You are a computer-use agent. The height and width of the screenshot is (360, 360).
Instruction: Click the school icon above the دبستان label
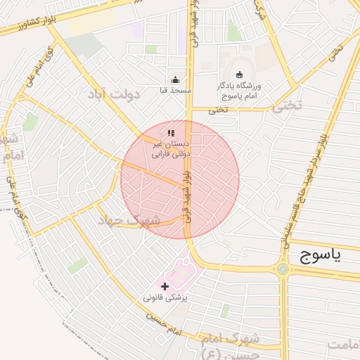[x=170, y=133]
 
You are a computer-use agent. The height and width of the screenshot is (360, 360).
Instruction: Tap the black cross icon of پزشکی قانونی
[x=165, y=286]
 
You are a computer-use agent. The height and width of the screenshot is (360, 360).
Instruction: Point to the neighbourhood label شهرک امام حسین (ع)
[x=230, y=345]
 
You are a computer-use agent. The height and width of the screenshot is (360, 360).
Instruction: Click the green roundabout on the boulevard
[x=283, y=269]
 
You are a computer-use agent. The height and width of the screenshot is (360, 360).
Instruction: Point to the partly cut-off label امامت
[x=345, y=344]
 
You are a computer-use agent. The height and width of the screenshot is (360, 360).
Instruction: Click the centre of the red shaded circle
[x=180, y=179]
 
